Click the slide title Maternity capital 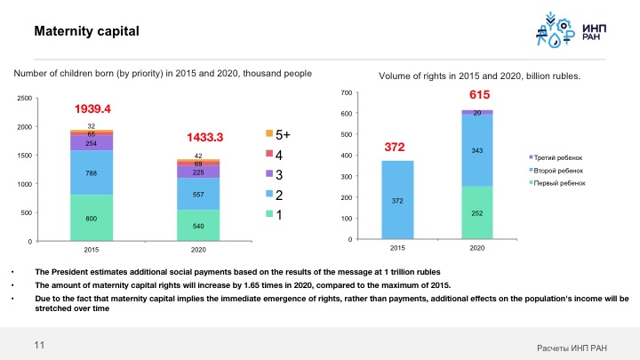(86, 33)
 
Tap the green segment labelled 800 (92, 218)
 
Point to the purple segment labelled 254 (92, 143)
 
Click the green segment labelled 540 (198, 226)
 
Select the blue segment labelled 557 (198, 194)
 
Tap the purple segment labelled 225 (198, 172)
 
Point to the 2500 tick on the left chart (24, 99)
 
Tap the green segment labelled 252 (476, 213)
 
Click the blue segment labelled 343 (476, 150)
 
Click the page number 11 (39, 344)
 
